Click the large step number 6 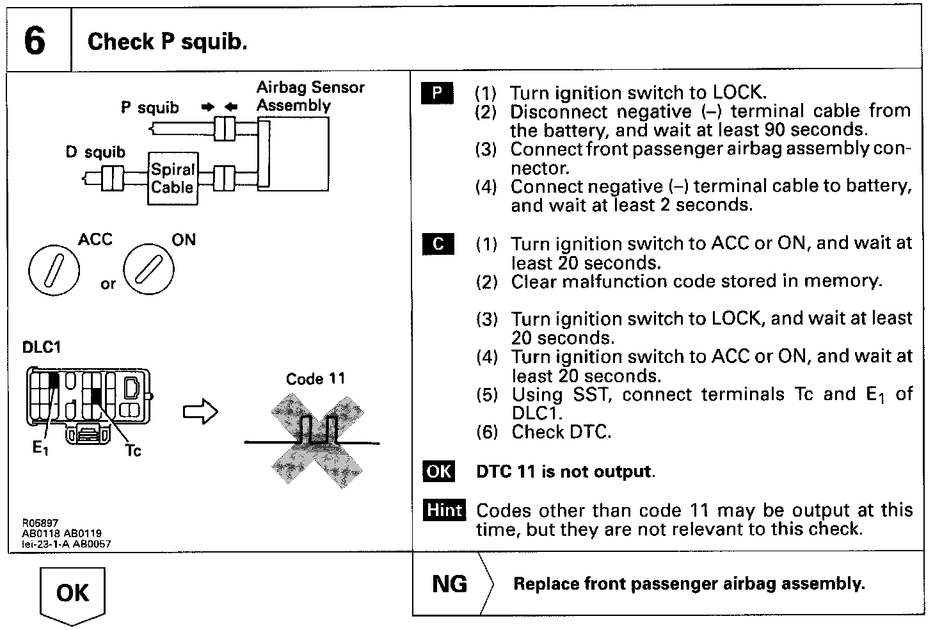coord(35,40)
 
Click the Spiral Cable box coord(172,179)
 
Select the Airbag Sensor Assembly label coord(310,96)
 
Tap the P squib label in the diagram coord(150,108)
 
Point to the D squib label coord(95,152)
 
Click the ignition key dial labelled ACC coord(54,270)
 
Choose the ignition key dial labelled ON coord(148,270)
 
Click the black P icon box coord(437,93)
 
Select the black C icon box coord(438,244)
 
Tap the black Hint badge coord(444,510)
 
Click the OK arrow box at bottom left coord(72,595)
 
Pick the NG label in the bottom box coord(449,584)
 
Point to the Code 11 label coord(315,379)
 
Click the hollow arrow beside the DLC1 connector coord(200,411)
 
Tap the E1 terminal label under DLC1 coord(40,448)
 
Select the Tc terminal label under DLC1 coord(133,451)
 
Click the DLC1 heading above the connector coord(41,347)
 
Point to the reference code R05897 coord(40,522)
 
